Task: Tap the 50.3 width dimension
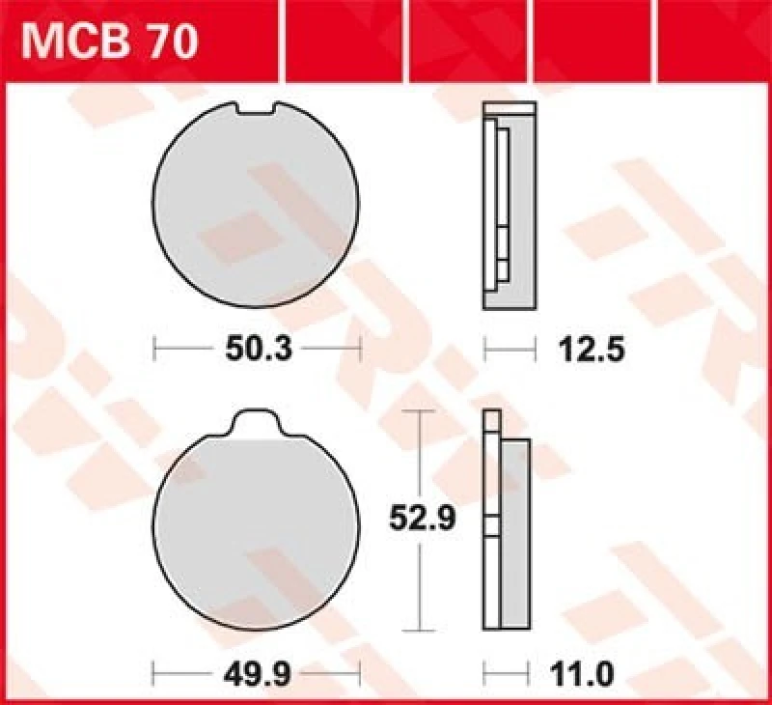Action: tap(257, 349)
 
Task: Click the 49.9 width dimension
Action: tap(257, 669)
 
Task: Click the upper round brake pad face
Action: tap(257, 208)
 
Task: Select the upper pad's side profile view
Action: tap(509, 208)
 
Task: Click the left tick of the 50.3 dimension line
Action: tap(155, 348)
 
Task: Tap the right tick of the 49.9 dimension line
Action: tap(359, 668)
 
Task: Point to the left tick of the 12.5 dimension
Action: tap(484, 348)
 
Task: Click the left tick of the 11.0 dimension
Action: tap(484, 668)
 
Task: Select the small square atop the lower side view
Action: tap(493, 421)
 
